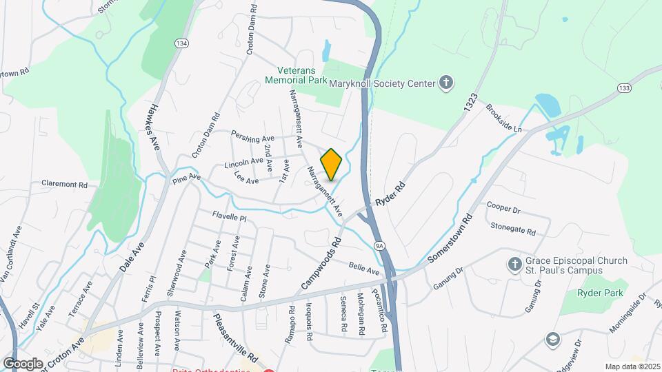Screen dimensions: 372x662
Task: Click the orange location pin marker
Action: [x=331, y=164]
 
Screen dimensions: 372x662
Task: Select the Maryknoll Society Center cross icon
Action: [x=447, y=83]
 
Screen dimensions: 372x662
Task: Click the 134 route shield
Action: [x=181, y=43]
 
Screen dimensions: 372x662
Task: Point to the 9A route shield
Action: [x=379, y=245]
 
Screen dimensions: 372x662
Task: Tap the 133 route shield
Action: [x=623, y=87]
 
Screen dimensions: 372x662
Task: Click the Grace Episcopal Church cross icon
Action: [x=514, y=265]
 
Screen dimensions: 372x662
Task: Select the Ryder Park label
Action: [x=601, y=293]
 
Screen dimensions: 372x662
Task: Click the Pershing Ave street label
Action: [x=252, y=135]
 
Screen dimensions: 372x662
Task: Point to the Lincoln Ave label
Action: [x=244, y=163]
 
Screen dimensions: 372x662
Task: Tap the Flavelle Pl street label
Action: [x=229, y=216]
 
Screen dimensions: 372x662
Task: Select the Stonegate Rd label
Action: [x=512, y=229]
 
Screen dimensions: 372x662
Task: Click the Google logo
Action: [x=23, y=363]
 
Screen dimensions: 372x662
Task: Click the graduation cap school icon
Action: [x=552, y=339]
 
